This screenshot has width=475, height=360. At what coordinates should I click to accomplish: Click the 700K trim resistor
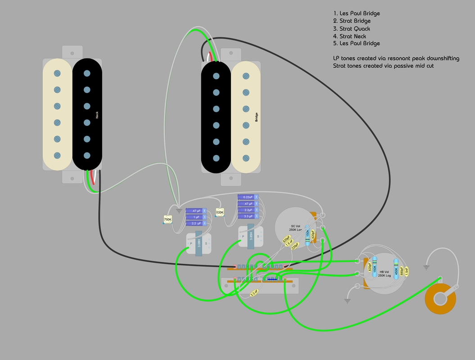167,220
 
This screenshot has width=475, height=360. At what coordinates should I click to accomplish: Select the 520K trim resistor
220,212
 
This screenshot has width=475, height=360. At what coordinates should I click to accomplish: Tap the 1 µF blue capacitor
196,217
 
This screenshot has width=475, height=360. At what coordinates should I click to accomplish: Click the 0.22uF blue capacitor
248,197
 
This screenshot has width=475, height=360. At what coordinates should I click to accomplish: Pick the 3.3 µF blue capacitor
248,216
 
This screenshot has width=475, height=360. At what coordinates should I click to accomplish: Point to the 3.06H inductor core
199,244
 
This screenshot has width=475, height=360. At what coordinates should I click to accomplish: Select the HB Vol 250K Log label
385,274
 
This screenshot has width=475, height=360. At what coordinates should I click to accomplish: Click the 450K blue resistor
396,269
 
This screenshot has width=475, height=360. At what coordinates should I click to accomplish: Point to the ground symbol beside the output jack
426,267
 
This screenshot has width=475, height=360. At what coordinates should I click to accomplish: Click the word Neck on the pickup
96,115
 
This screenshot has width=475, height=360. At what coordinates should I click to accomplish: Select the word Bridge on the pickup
257,117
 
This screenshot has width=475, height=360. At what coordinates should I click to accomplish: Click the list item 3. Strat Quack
352,29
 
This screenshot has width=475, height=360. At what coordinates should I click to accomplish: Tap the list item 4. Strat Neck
349,36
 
